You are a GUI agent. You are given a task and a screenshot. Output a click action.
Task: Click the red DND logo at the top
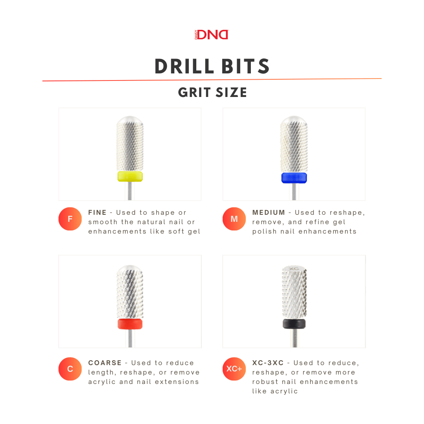pos(212,35)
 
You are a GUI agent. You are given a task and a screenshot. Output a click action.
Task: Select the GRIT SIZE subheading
pos(212,93)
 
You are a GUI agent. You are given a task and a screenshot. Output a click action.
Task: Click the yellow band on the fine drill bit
pos(130,176)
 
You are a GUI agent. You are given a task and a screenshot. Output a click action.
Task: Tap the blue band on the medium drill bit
pos(294,177)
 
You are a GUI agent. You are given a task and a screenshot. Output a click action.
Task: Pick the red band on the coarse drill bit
pos(130,324)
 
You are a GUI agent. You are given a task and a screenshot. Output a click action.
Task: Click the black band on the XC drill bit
pos(294,323)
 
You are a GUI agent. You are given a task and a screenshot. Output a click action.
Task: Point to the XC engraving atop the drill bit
pos(294,269)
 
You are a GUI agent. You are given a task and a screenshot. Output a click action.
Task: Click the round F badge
pos(70,219)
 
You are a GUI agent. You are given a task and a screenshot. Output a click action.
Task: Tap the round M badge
pos(234,219)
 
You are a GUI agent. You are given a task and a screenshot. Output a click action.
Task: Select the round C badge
pos(70,369)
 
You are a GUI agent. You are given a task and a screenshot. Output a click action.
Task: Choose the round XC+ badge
pos(234,369)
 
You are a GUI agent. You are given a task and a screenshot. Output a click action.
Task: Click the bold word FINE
pos(97,212)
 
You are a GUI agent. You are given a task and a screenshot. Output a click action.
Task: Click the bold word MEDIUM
pos(269,212)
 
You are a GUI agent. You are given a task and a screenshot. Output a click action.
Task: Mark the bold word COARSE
pos(105,363)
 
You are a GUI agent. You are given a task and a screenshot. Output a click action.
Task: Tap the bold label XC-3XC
pos(268,363)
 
